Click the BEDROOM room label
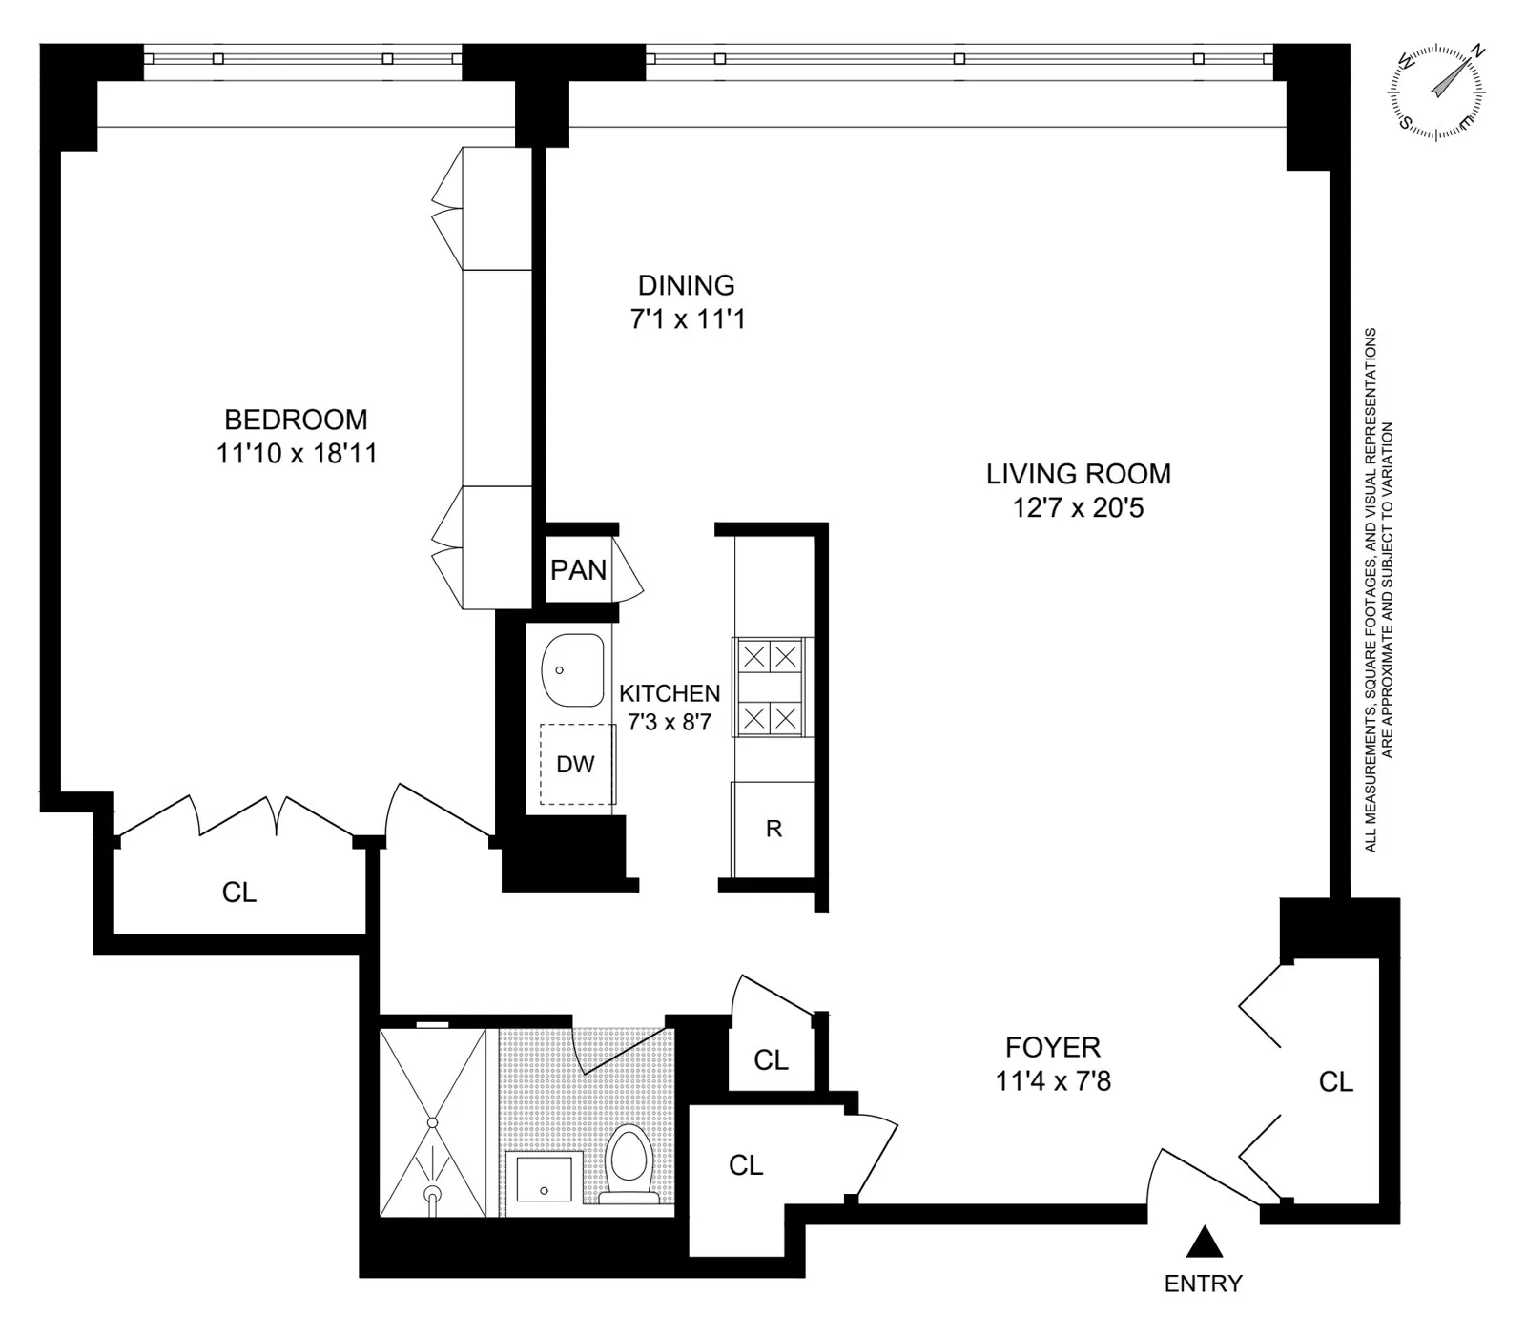click(296, 420)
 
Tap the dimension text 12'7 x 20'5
click(1078, 507)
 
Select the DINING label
click(686, 285)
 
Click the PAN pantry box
click(578, 570)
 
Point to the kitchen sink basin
click(572, 669)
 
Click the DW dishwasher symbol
click(576, 764)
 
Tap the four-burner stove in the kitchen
click(771, 687)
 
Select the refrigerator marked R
click(773, 829)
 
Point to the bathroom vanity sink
click(544, 1179)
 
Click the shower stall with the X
click(433, 1122)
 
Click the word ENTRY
click(1204, 1284)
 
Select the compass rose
click(1436, 93)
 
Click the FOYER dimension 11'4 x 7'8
click(1053, 1081)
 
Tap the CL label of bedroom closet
click(239, 892)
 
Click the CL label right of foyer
click(1335, 1081)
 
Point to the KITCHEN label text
click(670, 693)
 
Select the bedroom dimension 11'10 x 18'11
click(296, 454)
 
